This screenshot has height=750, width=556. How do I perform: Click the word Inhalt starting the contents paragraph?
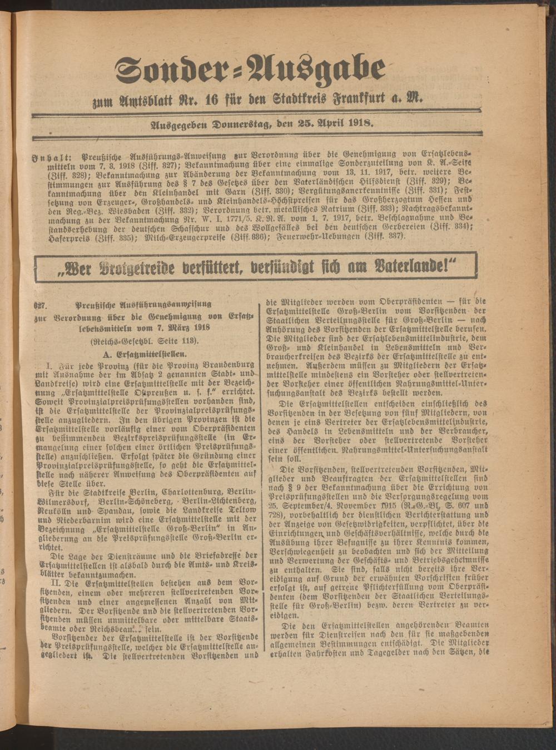pyautogui.click(x=53, y=157)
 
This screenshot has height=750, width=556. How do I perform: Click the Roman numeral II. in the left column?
pyautogui.click(x=54, y=582)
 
